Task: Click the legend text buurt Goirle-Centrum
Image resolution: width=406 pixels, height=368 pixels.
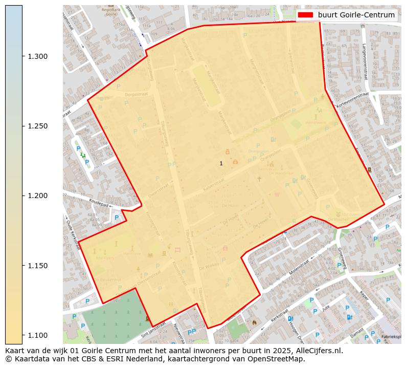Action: [356, 15]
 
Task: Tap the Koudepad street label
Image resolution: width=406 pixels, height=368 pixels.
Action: [99, 203]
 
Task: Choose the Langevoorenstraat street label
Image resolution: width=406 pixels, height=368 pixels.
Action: [365, 61]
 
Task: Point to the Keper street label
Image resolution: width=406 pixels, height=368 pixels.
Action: [364, 296]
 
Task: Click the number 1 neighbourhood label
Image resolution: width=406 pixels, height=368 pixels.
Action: [221, 163]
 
